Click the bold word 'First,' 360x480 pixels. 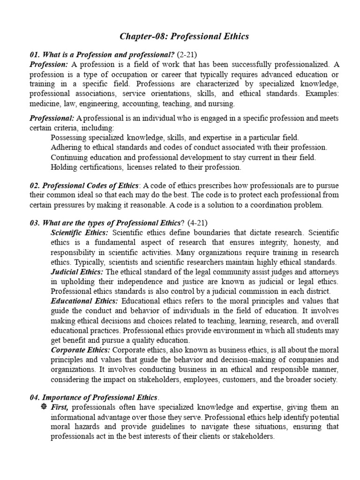click(60, 407)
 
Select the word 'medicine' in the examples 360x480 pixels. click(45, 104)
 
